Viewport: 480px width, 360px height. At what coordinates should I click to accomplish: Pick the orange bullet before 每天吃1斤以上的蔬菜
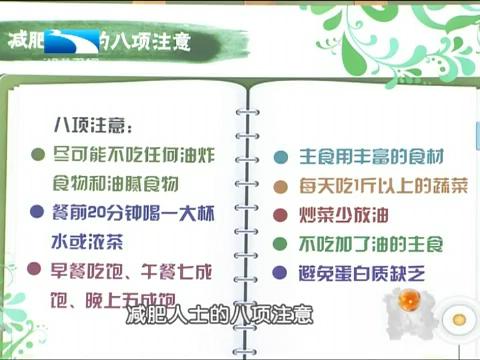coord(282,187)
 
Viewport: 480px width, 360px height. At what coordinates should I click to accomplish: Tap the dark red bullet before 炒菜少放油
coord(282,215)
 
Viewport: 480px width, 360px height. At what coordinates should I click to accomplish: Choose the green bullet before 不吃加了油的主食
coord(282,244)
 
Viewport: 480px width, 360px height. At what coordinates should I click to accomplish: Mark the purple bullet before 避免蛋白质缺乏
coord(282,272)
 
